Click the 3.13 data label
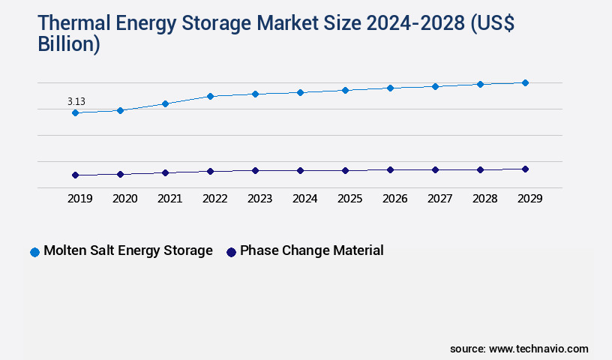click(75, 101)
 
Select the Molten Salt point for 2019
click(75, 112)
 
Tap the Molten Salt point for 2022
click(210, 96)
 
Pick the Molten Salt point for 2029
click(525, 82)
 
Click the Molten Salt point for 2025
click(345, 90)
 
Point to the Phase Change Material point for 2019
click(75, 175)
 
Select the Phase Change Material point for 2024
click(300, 170)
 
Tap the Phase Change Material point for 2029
click(525, 169)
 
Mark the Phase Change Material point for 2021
click(165, 172)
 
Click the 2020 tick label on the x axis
click(124, 199)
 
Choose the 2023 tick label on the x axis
click(259, 199)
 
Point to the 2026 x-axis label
click(394, 199)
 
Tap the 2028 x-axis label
click(484, 199)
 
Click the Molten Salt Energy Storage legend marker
click(34, 252)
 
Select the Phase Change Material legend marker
click(231, 252)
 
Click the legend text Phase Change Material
click(312, 250)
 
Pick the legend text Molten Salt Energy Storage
click(128, 250)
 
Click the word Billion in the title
click(68, 44)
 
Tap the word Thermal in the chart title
click(74, 25)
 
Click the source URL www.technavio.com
click(538, 349)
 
